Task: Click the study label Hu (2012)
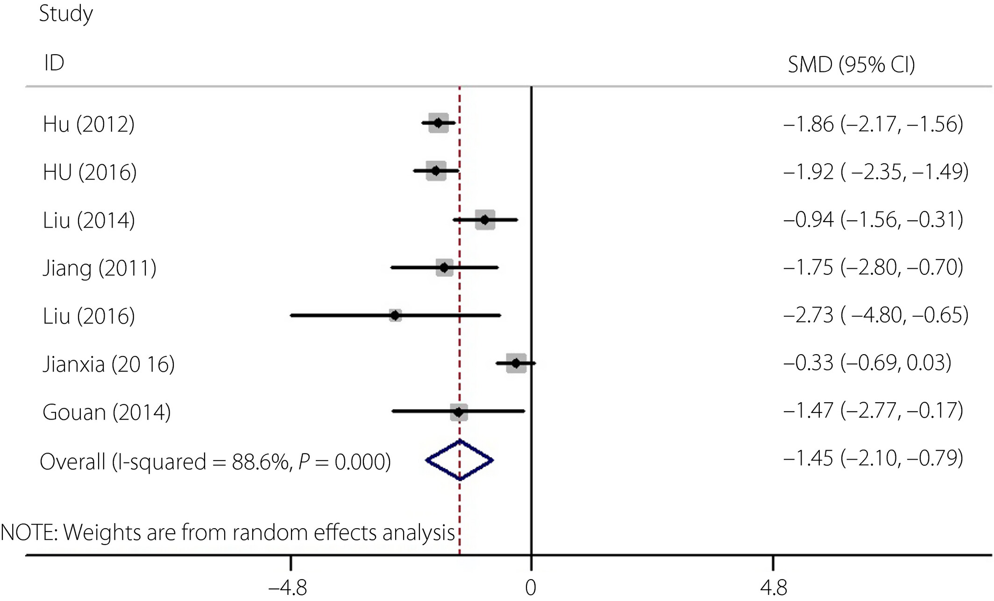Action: click(89, 124)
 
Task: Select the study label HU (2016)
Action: click(90, 172)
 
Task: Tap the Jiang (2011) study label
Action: click(99, 268)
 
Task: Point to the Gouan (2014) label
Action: click(106, 412)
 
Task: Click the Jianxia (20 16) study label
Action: click(109, 364)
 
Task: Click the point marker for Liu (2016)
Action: click(395, 315)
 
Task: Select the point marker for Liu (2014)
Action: click(485, 219)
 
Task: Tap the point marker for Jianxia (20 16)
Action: click(516, 363)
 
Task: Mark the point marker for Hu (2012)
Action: click(438, 123)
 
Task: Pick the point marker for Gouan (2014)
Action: click(459, 412)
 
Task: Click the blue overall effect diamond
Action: click(460, 460)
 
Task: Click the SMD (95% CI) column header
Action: click(851, 64)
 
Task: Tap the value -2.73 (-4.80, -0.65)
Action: click(876, 315)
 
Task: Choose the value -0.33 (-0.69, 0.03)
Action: click(867, 363)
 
